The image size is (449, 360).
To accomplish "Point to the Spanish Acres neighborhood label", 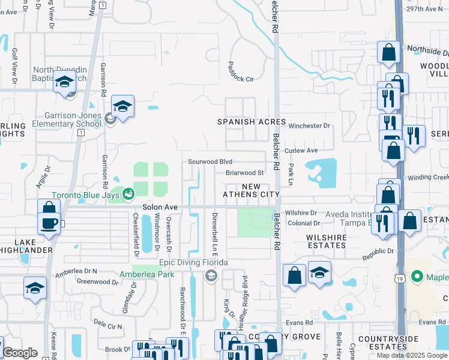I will [252, 122].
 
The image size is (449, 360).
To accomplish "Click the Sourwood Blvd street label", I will [210, 161].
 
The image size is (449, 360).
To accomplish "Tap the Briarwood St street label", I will [245, 173].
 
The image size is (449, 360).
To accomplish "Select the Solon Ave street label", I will [160, 207].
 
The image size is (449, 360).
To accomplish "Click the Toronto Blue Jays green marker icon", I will [128, 193].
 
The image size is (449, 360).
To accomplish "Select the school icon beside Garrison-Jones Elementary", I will [122, 106].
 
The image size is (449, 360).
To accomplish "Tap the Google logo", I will [20, 353].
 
